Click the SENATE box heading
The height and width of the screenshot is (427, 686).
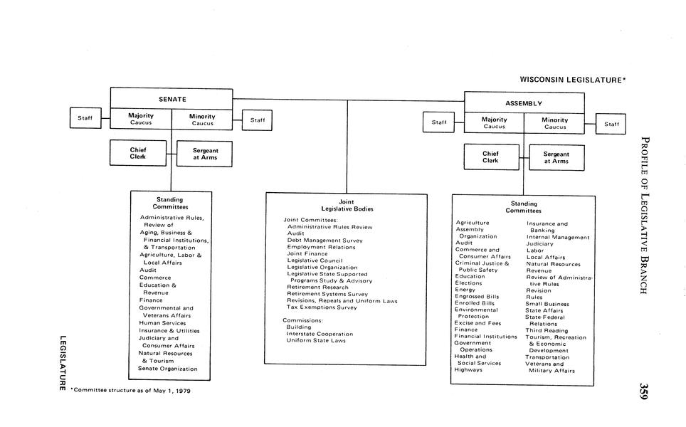(171, 99)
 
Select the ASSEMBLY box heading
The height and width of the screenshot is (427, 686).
(524, 103)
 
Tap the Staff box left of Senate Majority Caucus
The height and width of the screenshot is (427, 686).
(85, 118)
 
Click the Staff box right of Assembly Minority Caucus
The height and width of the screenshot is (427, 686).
(611, 124)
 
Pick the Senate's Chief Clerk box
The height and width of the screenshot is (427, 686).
(138, 153)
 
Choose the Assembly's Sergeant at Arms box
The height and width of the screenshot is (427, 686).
(556, 157)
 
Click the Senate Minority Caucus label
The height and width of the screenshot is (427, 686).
(202, 120)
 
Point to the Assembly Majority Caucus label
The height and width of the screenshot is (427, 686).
(494, 123)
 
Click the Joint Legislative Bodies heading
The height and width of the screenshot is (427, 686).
(347, 205)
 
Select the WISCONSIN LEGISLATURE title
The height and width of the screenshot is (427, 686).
(572, 80)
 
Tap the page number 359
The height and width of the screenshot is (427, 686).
(643, 391)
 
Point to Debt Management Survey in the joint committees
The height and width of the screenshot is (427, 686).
(324, 241)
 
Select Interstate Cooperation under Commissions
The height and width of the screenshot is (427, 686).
(320, 334)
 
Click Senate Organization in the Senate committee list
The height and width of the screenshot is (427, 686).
(168, 369)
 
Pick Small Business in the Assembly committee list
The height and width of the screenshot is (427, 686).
(547, 304)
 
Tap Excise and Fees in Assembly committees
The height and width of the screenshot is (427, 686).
(477, 323)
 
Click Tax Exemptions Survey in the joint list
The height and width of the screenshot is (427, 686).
(322, 307)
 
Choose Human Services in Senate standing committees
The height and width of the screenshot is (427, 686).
(162, 323)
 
